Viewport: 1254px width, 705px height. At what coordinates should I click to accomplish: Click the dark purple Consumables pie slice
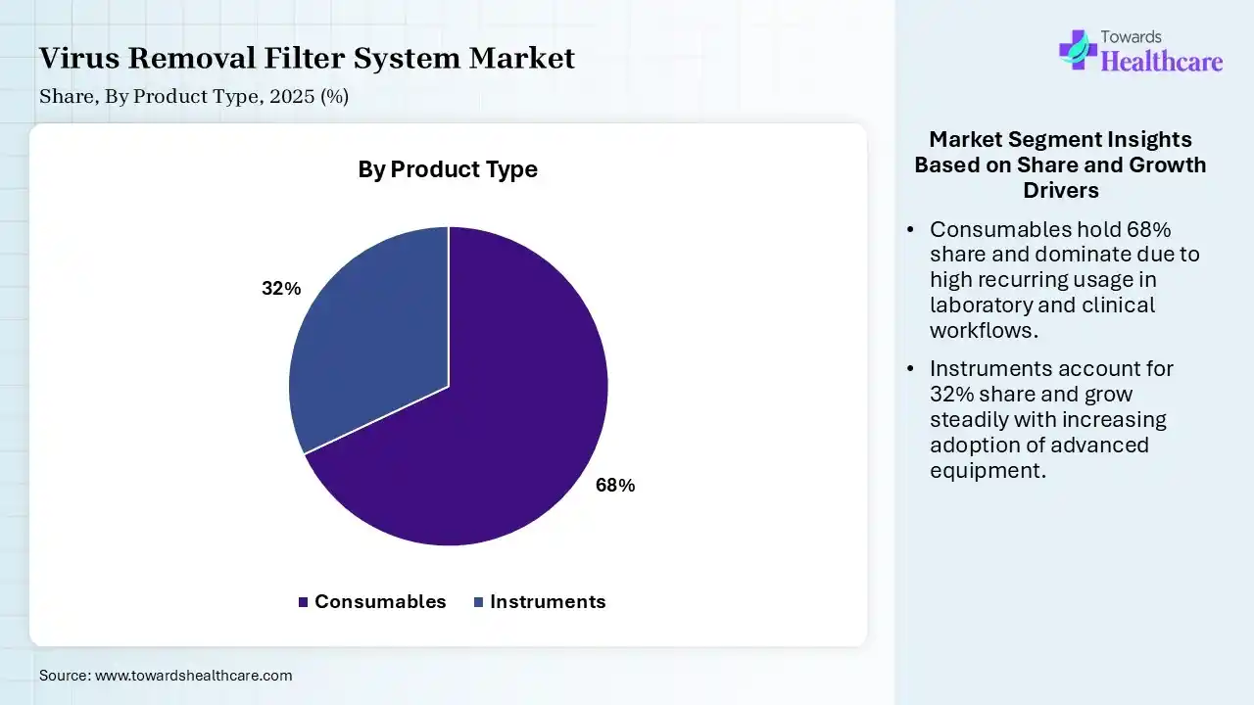481,425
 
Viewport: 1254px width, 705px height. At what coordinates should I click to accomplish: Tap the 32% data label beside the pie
281,288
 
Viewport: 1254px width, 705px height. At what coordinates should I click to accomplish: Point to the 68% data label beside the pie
615,485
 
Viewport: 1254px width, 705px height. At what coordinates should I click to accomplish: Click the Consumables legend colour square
303,602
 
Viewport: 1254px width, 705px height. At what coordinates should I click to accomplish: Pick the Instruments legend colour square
479,602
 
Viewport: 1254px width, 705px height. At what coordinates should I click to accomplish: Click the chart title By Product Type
448,169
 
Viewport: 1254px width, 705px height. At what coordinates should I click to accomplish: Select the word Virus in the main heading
79,58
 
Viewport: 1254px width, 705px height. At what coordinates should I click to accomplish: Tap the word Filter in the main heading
304,58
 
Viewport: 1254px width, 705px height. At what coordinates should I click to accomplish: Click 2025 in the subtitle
292,96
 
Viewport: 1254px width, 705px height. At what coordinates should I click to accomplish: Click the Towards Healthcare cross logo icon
1078,50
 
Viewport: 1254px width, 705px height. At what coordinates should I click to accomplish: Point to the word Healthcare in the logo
1162,61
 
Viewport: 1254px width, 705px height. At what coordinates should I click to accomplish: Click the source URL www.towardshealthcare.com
194,676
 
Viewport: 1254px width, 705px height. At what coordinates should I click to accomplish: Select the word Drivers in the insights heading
1061,190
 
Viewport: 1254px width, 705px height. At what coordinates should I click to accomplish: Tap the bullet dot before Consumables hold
910,229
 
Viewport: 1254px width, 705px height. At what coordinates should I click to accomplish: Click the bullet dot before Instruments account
910,369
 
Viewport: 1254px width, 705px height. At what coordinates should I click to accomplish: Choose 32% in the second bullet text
952,394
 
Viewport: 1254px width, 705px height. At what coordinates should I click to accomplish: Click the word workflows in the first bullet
985,330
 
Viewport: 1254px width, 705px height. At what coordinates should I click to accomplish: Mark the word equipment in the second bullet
989,471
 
